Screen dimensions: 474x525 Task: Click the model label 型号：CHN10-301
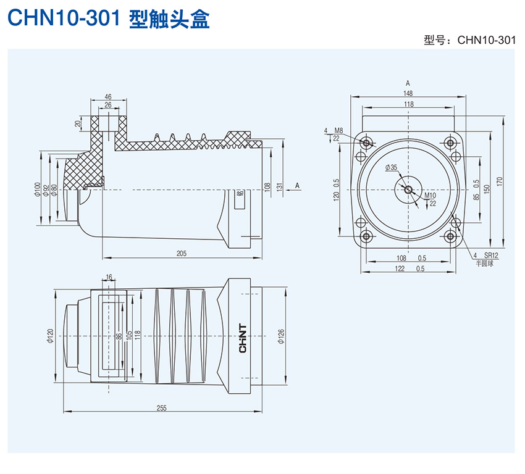coord(469,41)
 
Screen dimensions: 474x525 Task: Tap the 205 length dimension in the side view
coord(182,253)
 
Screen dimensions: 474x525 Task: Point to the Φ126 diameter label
coord(281,336)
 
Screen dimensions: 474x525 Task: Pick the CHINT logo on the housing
coord(243,338)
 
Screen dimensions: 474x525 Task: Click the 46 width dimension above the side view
coord(108,97)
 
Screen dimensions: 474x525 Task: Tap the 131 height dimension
coord(279,186)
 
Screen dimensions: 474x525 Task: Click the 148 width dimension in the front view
coord(408,93)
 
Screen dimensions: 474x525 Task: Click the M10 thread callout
coord(430,196)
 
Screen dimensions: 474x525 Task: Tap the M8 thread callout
coord(338,131)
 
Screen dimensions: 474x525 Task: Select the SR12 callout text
coord(491,255)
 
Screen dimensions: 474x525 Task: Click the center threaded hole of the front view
coord(408,189)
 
